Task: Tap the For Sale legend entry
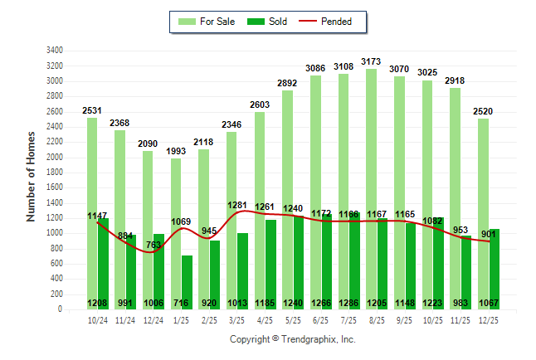click(207, 22)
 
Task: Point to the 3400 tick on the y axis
click(55, 51)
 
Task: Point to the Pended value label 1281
click(238, 205)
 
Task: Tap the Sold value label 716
click(183, 303)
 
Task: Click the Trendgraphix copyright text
click(292, 339)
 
